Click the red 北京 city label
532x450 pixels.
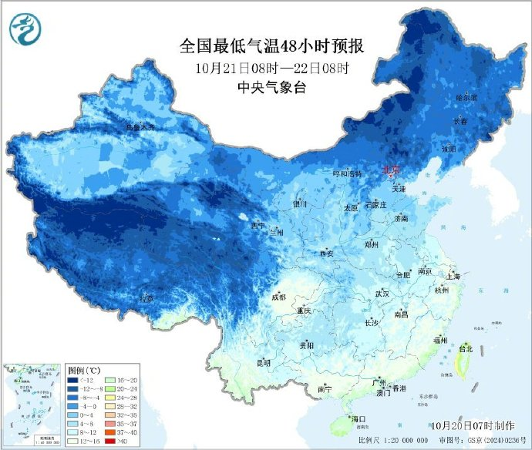392,170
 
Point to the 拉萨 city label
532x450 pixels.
146,297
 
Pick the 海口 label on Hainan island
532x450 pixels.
357,418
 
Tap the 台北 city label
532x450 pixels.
465,348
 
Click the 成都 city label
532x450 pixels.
278,297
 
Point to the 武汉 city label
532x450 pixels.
382,294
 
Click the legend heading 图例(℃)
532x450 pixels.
83,370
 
